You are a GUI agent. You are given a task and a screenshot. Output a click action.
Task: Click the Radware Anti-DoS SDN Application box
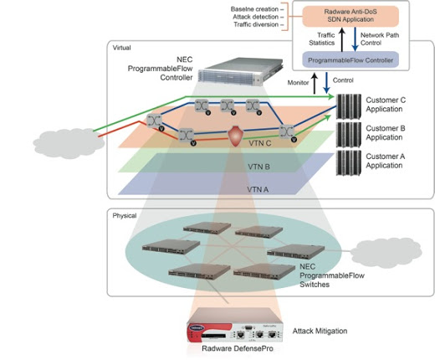tap(351, 16)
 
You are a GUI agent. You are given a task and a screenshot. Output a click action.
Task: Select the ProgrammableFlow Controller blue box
tap(351, 60)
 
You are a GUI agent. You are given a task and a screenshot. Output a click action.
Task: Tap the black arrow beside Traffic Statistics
tap(342, 39)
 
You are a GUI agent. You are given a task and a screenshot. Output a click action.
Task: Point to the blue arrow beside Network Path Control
tap(355, 39)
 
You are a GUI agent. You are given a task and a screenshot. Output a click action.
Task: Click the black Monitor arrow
tap(315, 83)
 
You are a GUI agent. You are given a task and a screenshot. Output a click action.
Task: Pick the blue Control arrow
tap(326, 83)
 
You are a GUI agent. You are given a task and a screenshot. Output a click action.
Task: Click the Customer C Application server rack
tap(349, 106)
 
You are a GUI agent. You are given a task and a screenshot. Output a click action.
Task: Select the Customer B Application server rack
tap(349, 135)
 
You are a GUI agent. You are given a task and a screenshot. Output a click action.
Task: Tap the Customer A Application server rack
tap(349, 162)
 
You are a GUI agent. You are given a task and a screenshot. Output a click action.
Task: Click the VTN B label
tap(258, 167)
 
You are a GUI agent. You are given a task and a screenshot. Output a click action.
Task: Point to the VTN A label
tap(258, 190)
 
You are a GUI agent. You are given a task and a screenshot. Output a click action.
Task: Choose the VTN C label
tap(260, 143)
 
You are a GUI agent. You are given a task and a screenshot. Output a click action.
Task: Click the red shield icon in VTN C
tap(235, 136)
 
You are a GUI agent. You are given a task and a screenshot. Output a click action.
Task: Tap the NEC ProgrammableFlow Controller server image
tap(241, 70)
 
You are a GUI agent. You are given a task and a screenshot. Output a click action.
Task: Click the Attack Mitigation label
tap(320, 331)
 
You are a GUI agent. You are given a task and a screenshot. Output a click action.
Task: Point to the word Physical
tap(125, 216)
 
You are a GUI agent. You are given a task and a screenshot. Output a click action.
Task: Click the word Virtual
tap(121, 48)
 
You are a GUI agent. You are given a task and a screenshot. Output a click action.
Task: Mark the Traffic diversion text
tap(256, 24)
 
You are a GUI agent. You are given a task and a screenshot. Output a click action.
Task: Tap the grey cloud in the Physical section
tap(386, 252)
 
